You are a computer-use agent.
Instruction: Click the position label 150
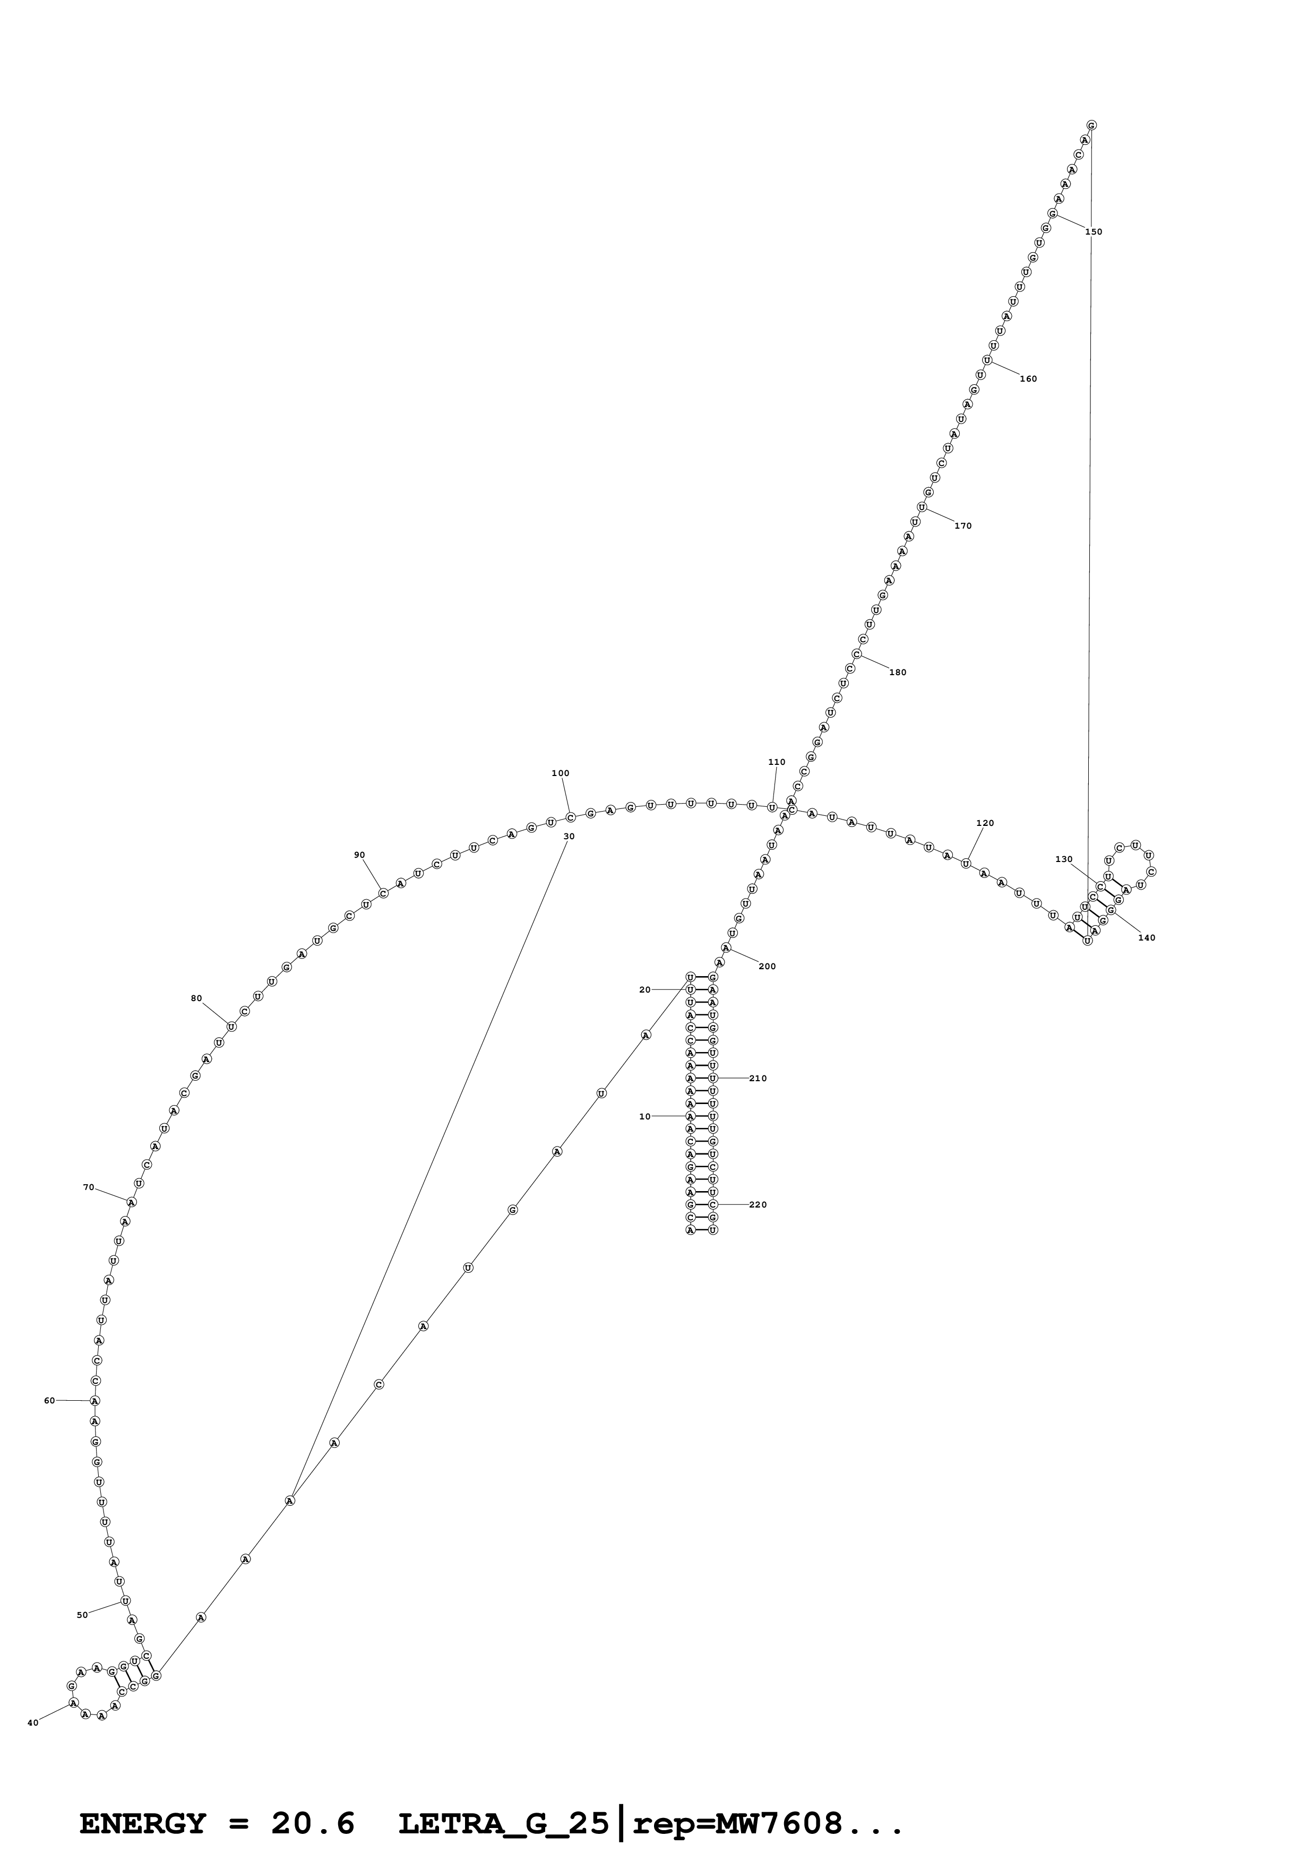tap(1093, 232)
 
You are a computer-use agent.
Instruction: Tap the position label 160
tap(1028, 379)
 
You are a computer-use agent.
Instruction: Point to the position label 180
tap(898, 673)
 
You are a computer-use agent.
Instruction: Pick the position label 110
tap(776, 762)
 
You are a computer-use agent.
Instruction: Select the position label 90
tap(359, 855)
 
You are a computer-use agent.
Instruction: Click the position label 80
tap(196, 998)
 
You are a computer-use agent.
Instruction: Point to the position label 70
tap(88, 1187)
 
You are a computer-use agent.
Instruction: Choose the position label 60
tap(49, 1401)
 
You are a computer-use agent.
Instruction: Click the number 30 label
tap(569, 836)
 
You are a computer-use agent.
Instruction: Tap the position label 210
tap(758, 1079)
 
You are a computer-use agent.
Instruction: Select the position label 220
tap(758, 1205)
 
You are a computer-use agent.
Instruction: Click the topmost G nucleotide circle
tap(1091, 126)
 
